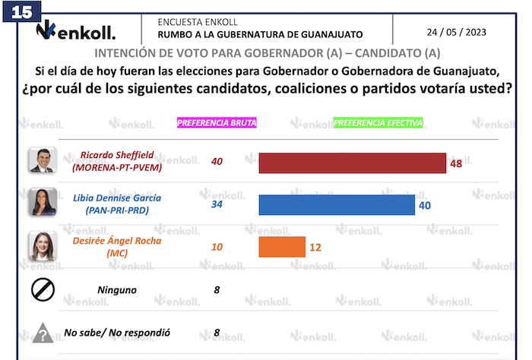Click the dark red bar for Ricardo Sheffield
click(x=352, y=163)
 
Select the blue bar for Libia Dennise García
click(x=337, y=205)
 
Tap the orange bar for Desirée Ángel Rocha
click(x=282, y=247)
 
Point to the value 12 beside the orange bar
click(x=315, y=247)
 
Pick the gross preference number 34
click(x=217, y=204)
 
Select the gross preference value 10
click(x=217, y=246)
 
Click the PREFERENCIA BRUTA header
click(x=217, y=122)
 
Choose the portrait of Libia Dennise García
click(x=42, y=203)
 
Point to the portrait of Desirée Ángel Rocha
click(x=42, y=245)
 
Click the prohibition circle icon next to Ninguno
click(x=42, y=289)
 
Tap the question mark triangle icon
click(x=42, y=333)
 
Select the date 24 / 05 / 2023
click(x=456, y=32)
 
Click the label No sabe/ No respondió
click(x=117, y=333)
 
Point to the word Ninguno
click(x=117, y=289)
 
